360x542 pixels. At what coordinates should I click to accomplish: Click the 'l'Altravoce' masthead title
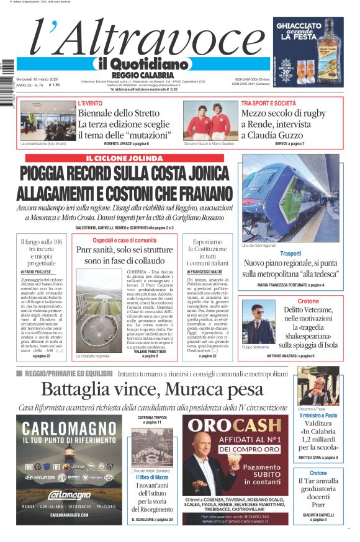140,38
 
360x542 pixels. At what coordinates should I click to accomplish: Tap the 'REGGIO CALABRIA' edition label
142,74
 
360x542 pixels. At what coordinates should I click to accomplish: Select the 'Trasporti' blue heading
290,254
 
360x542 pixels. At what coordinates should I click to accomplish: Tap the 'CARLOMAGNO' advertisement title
69,429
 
